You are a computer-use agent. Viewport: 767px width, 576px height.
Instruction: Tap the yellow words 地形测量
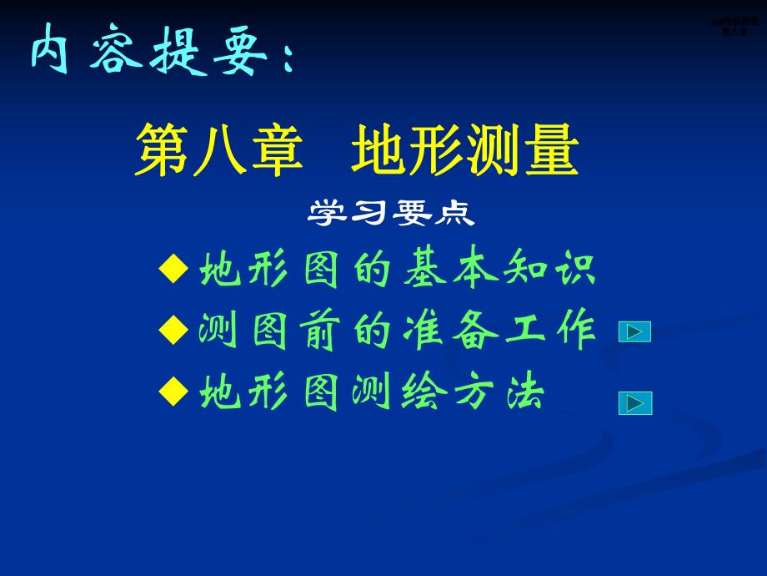tap(464, 150)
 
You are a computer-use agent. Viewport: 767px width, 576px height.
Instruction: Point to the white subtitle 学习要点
tap(391, 214)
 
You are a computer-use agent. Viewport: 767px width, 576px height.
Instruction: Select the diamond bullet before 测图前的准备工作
tap(173, 331)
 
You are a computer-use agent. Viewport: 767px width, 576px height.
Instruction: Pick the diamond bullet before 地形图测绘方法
tap(173, 391)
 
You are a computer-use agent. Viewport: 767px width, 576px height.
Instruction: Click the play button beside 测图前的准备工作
tap(634, 332)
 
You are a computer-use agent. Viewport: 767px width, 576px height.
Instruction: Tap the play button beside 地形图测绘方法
tap(634, 404)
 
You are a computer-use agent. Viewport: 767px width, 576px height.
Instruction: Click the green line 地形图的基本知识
tap(398, 270)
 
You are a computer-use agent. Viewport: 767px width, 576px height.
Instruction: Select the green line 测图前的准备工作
tap(398, 331)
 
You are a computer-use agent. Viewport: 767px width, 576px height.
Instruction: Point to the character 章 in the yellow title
tap(275, 150)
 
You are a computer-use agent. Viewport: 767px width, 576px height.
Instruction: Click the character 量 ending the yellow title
tap(551, 150)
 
